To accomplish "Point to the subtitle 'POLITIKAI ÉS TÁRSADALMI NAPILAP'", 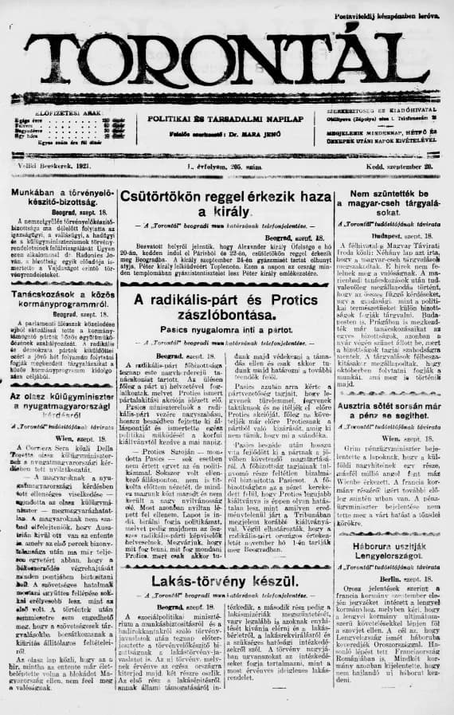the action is tap(227, 118).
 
